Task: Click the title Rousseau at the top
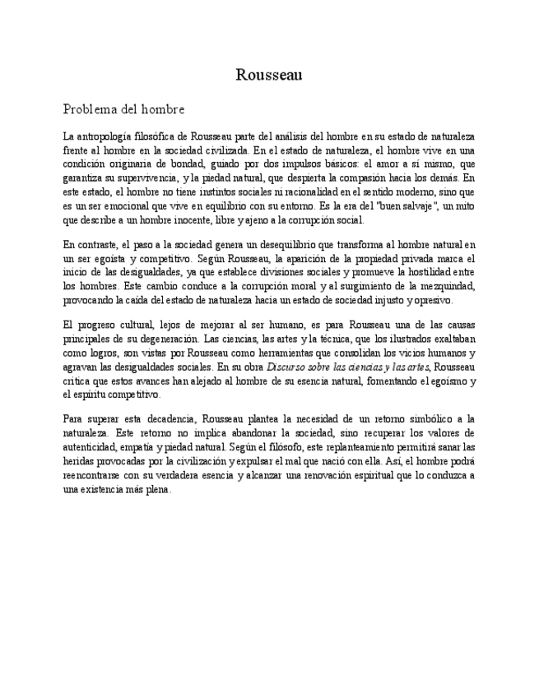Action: click(269, 75)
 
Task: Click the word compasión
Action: click(361, 178)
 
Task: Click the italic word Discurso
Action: click(289, 367)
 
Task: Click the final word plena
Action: click(157, 489)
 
